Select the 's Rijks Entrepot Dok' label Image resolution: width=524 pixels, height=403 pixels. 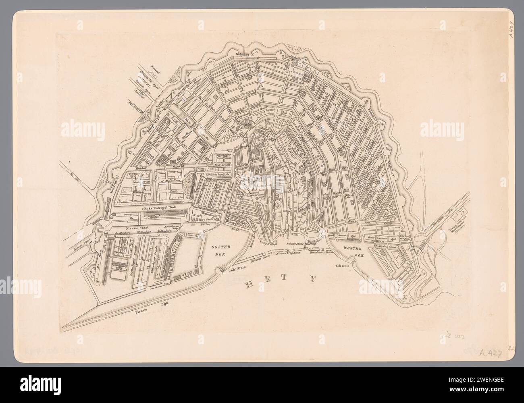click(x=164, y=208)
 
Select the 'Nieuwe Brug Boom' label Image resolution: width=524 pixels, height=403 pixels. click(x=287, y=254)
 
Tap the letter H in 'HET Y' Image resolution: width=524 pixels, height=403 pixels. click(x=251, y=285)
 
